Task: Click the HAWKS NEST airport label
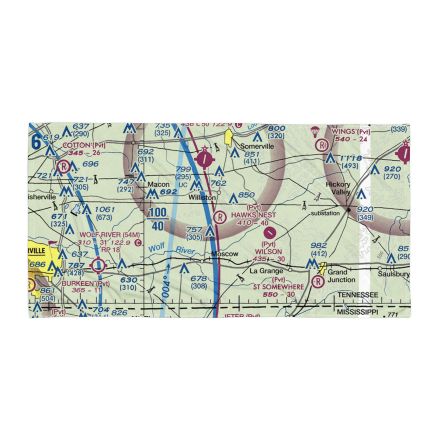253,215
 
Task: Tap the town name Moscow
224,254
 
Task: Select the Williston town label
202,198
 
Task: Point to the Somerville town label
256,146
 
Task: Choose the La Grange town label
266,271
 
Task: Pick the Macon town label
158,184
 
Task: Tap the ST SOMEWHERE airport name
278,287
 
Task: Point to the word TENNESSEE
357,295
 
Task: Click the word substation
325,213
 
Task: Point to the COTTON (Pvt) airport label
84,145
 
